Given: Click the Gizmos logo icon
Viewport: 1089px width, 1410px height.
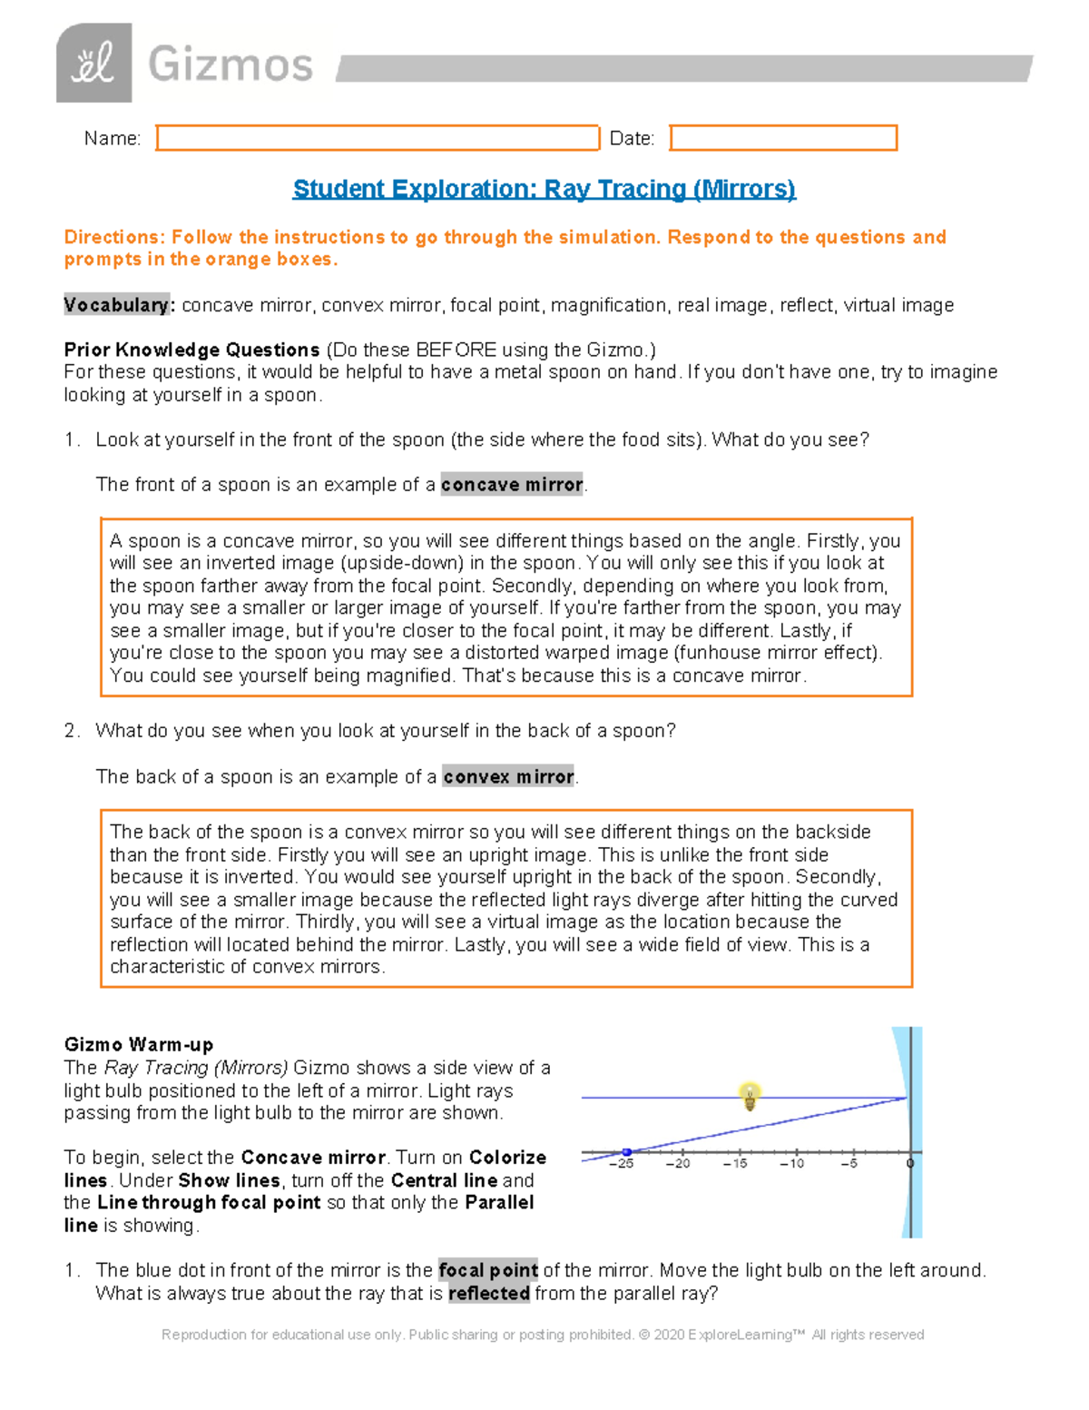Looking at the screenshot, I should tap(93, 64).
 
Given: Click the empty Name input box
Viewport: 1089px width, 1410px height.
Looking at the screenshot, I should tap(378, 138).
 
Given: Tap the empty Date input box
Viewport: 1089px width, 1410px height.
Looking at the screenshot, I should tap(783, 138).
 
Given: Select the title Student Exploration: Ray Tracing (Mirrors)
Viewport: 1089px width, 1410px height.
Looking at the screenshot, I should tap(544, 189).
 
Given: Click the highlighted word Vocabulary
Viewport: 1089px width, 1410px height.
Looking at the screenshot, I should tap(116, 305).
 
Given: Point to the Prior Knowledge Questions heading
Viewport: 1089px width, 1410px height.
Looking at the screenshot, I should tap(191, 350).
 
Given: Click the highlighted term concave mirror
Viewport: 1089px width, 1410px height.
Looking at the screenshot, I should tap(512, 485).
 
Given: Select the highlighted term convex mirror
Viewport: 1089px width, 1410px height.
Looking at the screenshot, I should tap(508, 777).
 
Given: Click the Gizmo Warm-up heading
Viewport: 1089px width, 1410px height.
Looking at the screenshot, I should tap(139, 1045).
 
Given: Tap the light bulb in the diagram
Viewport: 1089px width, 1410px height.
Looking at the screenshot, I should tap(750, 1096).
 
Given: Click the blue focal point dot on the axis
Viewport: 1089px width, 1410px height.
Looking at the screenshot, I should tap(626, 1152).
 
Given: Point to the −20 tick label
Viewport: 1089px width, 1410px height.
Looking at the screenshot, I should tap(678, 1164).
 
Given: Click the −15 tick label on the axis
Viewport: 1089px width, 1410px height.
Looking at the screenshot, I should tap(735, 1164).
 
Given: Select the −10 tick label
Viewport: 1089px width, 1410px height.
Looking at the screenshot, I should tap(791, 1164).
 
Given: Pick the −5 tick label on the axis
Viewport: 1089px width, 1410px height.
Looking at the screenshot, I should tap(849, 1164).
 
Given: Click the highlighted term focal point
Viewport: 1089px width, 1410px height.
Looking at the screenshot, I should tap(488, 1270).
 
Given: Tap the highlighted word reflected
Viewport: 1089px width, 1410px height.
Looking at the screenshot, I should tap(489, 1293).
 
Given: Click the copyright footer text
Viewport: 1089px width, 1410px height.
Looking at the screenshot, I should tap(543, 1335).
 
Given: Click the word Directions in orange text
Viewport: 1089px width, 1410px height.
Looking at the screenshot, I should tap(113, 237).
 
